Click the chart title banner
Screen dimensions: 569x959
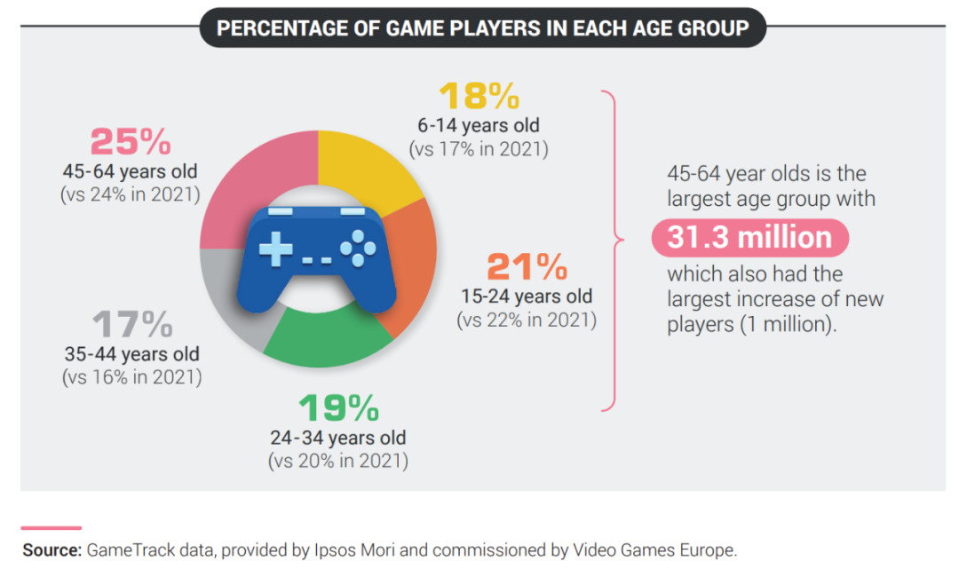coord(482,28)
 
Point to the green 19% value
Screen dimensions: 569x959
coord(338,408)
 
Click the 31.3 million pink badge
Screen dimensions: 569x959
coord(749,238)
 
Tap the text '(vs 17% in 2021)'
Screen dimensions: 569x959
coord(478,148)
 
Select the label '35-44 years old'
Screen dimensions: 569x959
coord(131,354)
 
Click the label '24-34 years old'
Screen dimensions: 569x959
coord(338,438)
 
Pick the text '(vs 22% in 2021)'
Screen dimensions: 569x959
coord(527,319)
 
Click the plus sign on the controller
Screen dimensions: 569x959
coord(274,251)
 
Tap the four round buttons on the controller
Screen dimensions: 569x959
coord(358,249)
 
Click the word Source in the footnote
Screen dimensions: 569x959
coord(52,550)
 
